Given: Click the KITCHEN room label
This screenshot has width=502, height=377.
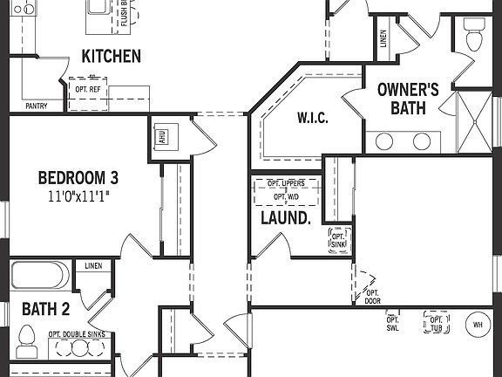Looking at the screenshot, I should tap(111, 57).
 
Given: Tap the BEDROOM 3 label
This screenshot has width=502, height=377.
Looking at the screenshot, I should tap(78, 178).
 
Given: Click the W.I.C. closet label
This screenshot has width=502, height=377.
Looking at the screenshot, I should tap(312, 118).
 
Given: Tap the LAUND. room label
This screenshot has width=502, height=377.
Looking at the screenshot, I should tap(286, 218).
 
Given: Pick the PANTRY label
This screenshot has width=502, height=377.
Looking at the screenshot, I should tap(37, 106).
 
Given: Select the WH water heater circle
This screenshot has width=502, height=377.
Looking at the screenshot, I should tap(478, 325).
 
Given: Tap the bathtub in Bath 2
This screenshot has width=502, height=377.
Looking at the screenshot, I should tap(39, 277).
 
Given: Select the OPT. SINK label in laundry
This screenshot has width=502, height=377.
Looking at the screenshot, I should tap(339, 240).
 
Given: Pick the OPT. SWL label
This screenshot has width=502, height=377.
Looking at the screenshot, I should tap(392, 325).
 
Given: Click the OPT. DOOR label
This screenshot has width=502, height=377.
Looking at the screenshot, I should tap(372, 297).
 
